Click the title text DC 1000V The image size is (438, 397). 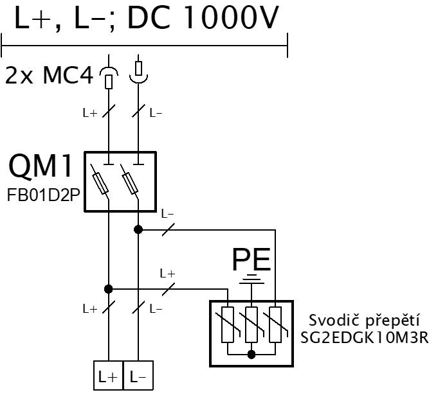[x=203, y=17]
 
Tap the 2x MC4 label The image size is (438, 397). [x=49, y=75]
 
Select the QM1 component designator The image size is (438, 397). [x=41, y=166]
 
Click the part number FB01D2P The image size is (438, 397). [x=44, y=195]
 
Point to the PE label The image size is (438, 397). [x=251, y=260]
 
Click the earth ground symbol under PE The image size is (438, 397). [x=251, y=279]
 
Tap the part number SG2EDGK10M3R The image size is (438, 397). [x=364, y=337]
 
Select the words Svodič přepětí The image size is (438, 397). [x=364, y=321]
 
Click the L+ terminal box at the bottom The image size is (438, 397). [x=109, y=376]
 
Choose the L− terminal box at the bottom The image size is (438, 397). [x=138, y=376]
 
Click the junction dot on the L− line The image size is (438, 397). [x=138, y=229]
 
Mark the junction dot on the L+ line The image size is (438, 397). [x=109, y=289]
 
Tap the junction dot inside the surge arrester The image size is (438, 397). [x=251, y=355]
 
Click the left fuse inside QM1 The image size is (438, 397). [x=100, y=183]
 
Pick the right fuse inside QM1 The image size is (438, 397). [x=130, y=183]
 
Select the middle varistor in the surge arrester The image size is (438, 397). [x=251, y=324]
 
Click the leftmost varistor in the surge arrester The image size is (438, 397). [x=228, y=324]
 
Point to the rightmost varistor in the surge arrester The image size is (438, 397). [x=275, y=324]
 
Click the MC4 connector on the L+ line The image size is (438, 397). [x=109, y=78]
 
